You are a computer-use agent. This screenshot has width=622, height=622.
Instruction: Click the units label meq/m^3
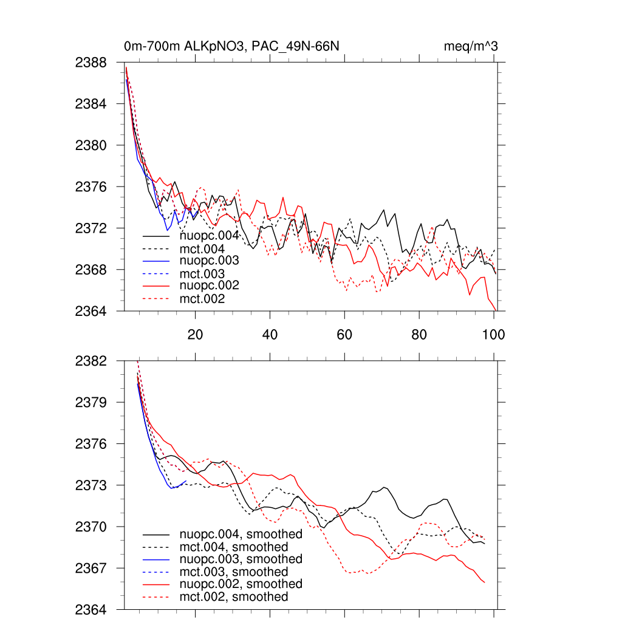[x=472, y=46]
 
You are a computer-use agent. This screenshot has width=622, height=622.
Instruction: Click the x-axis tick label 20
[x=195, y=334]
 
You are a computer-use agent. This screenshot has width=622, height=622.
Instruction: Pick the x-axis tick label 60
[x=344, y=334]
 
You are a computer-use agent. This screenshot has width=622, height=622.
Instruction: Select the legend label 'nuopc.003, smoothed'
[x=241, y=559]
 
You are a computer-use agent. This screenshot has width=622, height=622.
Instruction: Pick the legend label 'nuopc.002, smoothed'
[x=241, y=584]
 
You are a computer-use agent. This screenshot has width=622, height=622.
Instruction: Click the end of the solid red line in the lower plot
[x=484, y=583]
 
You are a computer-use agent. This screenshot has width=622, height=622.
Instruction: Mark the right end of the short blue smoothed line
[x=186, y=480]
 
